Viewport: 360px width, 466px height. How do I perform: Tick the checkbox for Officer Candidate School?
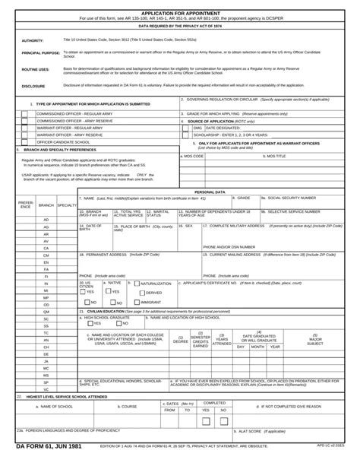coord(25,141)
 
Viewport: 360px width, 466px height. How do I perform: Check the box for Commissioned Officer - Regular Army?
coord(25,113)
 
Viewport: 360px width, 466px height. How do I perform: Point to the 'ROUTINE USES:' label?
coord(36,69)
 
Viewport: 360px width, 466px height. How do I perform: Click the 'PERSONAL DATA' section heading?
coord(210,192)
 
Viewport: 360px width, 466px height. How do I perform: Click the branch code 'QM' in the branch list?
coord(46,312)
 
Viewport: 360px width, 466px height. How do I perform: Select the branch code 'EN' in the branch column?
coord(46,262)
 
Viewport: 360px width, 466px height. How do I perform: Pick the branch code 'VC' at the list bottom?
coord(46,389)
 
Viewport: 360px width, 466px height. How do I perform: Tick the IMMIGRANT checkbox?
coord(137,302)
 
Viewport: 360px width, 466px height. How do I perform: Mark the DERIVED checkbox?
coord(142,292)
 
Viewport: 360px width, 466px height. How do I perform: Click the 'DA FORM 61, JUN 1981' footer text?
coord(47,458)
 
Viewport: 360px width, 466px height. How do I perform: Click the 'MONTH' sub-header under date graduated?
coord(257,347)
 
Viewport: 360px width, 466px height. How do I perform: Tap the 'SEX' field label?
coord(188,225)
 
